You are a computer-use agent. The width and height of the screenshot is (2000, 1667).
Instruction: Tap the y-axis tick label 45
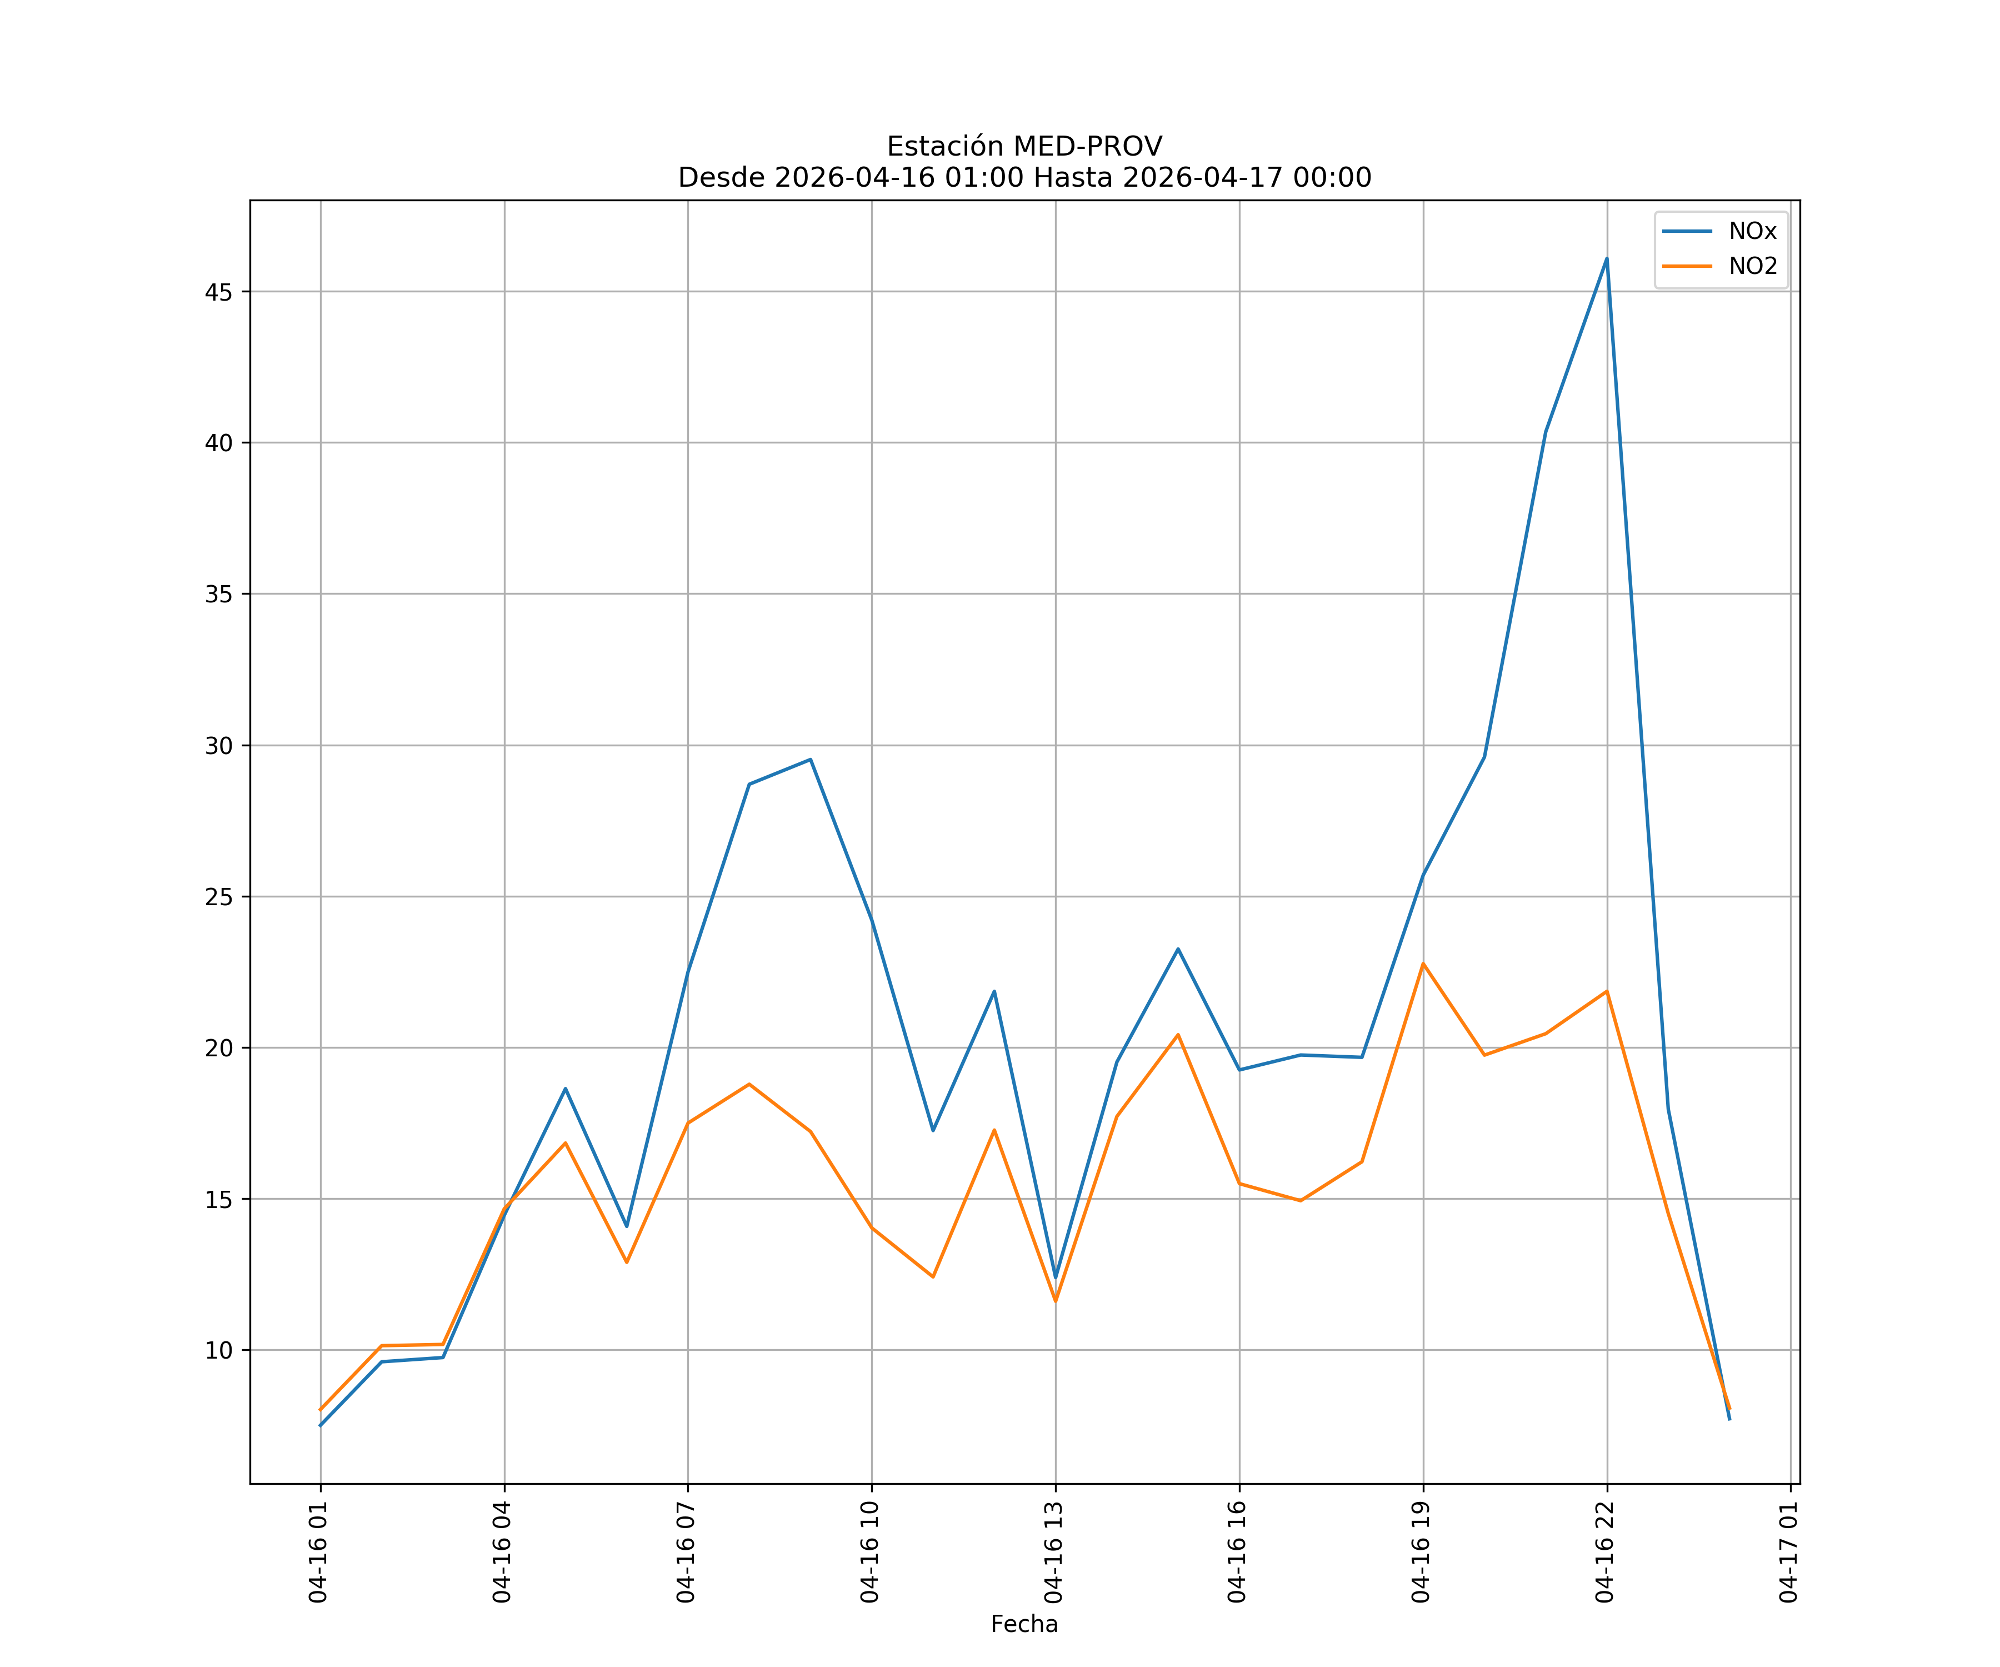218,292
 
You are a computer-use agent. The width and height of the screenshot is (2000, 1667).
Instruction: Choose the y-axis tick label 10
218,1351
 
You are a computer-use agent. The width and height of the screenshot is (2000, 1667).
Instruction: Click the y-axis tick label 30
218,746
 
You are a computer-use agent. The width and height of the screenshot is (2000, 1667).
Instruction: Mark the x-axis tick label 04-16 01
318,1552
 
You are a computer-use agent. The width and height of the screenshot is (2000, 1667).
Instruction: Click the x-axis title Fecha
1024,1624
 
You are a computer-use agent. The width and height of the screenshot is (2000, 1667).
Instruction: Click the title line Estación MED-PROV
1024,147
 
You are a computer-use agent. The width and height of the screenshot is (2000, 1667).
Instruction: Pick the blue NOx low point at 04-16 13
1055,1277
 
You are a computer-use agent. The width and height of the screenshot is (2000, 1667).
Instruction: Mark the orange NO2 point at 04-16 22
1607,992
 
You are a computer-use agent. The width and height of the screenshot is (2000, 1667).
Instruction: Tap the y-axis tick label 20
218,1048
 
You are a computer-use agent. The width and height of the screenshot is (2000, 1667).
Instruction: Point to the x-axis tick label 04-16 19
1421,1552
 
